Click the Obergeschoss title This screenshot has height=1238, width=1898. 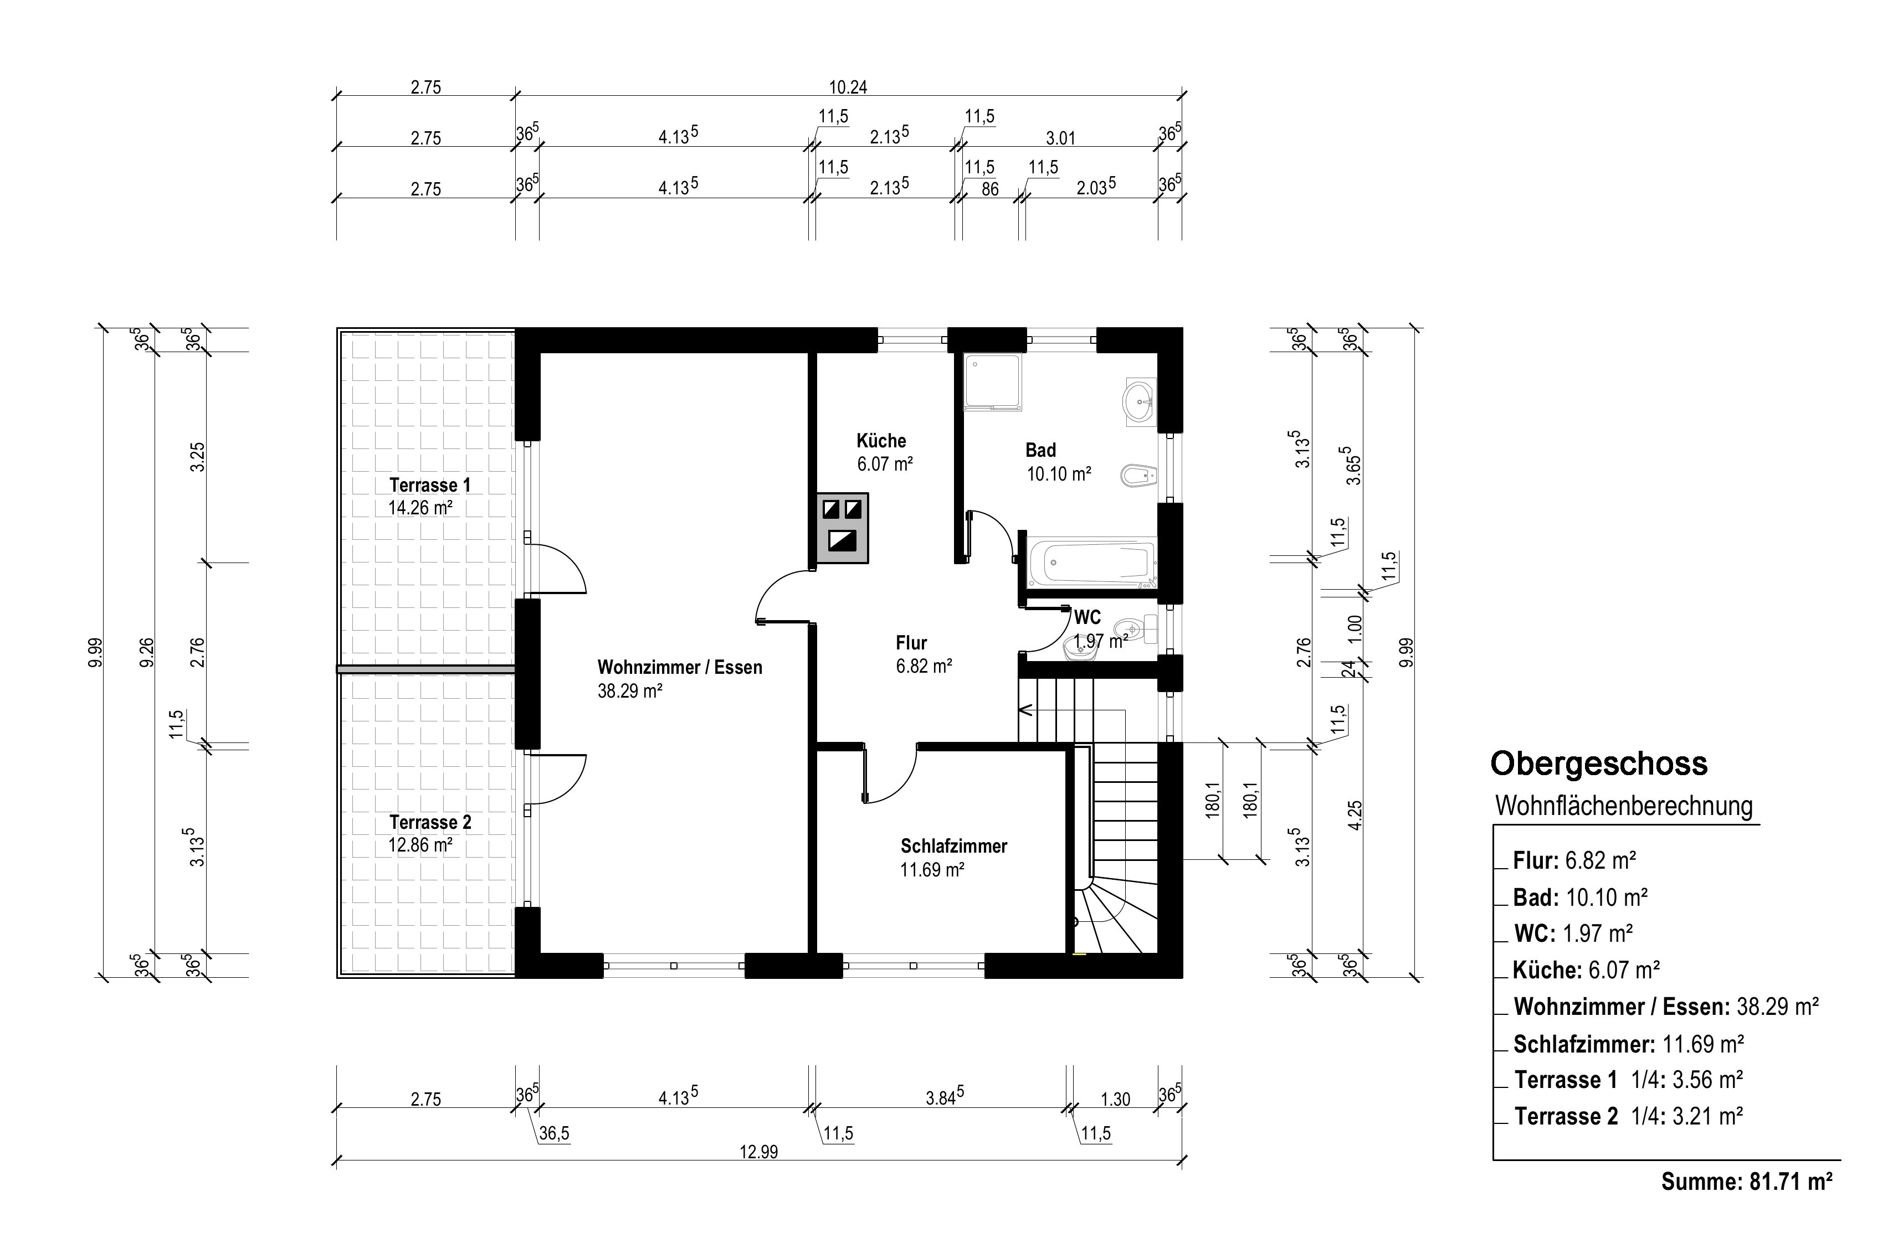[x=1599, y=764]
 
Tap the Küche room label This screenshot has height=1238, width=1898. [x=881, y=441]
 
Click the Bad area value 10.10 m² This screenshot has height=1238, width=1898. [x=1058, y=474]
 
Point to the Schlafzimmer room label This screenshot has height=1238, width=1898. [x=954, y=846]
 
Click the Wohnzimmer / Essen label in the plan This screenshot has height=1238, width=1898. [x=679, y=667]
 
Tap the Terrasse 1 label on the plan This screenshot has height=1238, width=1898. [x=430, y=484]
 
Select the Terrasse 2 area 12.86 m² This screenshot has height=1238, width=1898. [x=420, y=845]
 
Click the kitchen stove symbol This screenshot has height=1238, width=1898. [x=842, y=528]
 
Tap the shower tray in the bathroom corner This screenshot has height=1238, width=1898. [x=993, y=383]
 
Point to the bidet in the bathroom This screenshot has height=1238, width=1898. [x=1138, y=477]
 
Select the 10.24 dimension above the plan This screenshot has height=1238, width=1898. [x=848, y=87]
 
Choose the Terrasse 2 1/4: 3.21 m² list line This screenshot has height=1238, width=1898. [x=1628, y=1116]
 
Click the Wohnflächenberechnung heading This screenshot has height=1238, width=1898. [x=1624, y=806]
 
